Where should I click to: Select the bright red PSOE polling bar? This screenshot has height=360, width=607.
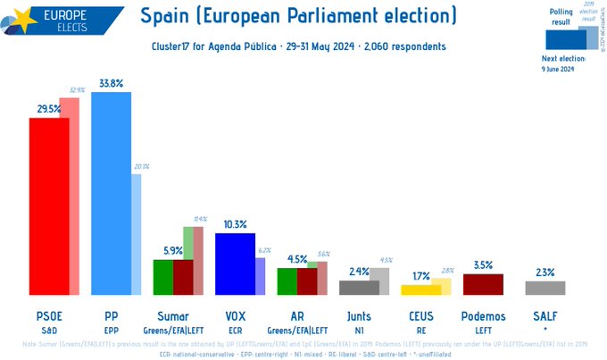pos(49,205)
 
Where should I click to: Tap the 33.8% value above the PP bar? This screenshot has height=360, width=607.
pos(112,83)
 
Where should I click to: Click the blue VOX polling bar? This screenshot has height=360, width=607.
pos(235,264)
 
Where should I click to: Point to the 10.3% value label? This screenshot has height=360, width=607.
pos(235,224)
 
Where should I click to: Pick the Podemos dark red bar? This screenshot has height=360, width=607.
pos(483,284)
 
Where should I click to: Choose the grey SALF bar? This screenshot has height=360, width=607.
pos(545,288)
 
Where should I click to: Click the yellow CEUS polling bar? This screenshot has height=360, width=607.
pos(421,289)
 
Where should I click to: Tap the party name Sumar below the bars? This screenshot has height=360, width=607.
pos(173,315)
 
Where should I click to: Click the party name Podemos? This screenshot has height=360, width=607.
pos(483,315)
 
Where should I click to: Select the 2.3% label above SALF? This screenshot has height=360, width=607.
pos(545,272)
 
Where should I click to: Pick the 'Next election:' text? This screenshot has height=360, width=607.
pos(563,58)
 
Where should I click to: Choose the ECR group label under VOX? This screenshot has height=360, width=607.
pos(235,329)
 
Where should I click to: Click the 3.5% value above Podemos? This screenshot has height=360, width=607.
pos(483,265)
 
